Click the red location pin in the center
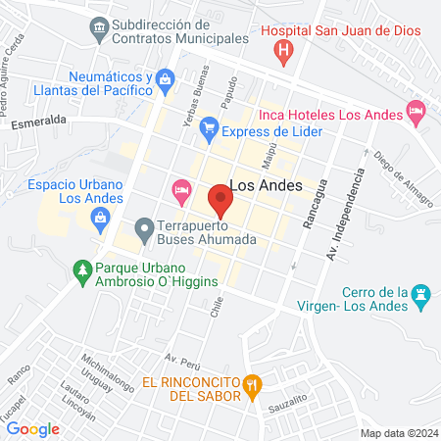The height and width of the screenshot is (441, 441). [x=220, y=203]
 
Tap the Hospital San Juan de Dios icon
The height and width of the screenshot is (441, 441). [x=284, y=50]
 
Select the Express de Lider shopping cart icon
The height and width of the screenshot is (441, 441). [x=208, y=127]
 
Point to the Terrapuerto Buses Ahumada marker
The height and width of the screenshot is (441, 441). [x=145, y=231]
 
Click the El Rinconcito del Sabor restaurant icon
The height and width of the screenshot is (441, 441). [x=252, y=384]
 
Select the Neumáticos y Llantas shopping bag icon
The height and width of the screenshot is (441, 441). [x=165, y=79]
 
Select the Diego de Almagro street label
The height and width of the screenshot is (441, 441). [x=402, y=178]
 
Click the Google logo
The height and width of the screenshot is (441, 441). [x=32, y=428]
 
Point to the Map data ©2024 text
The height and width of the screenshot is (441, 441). [x=398, y=433]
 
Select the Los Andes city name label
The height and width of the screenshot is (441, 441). [x=265, y=185]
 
